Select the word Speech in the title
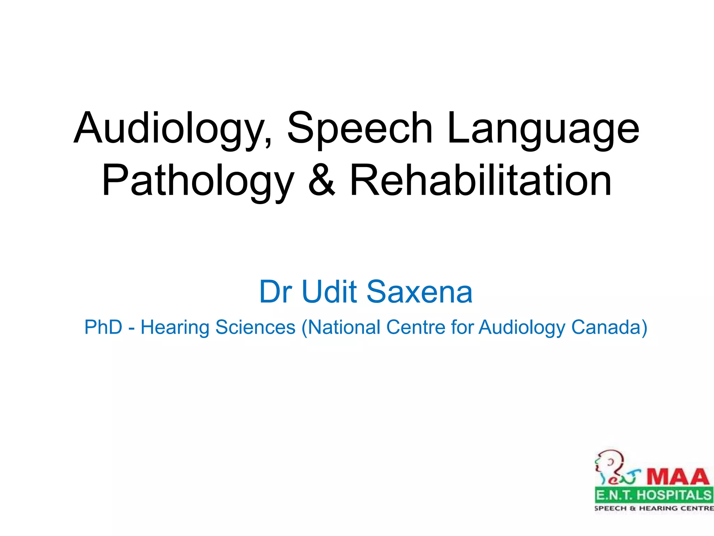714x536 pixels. (359, 128)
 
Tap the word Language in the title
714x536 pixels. (543, 128)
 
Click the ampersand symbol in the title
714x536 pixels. (321, 181)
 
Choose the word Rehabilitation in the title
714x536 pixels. (480, 181)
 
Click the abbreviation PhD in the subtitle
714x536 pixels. (103, 327)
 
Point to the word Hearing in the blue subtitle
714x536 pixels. (175, 327)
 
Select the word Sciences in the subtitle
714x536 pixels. (255, 327)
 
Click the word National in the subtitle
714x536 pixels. (344, 327)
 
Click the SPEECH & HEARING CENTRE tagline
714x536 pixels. (654, 508)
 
